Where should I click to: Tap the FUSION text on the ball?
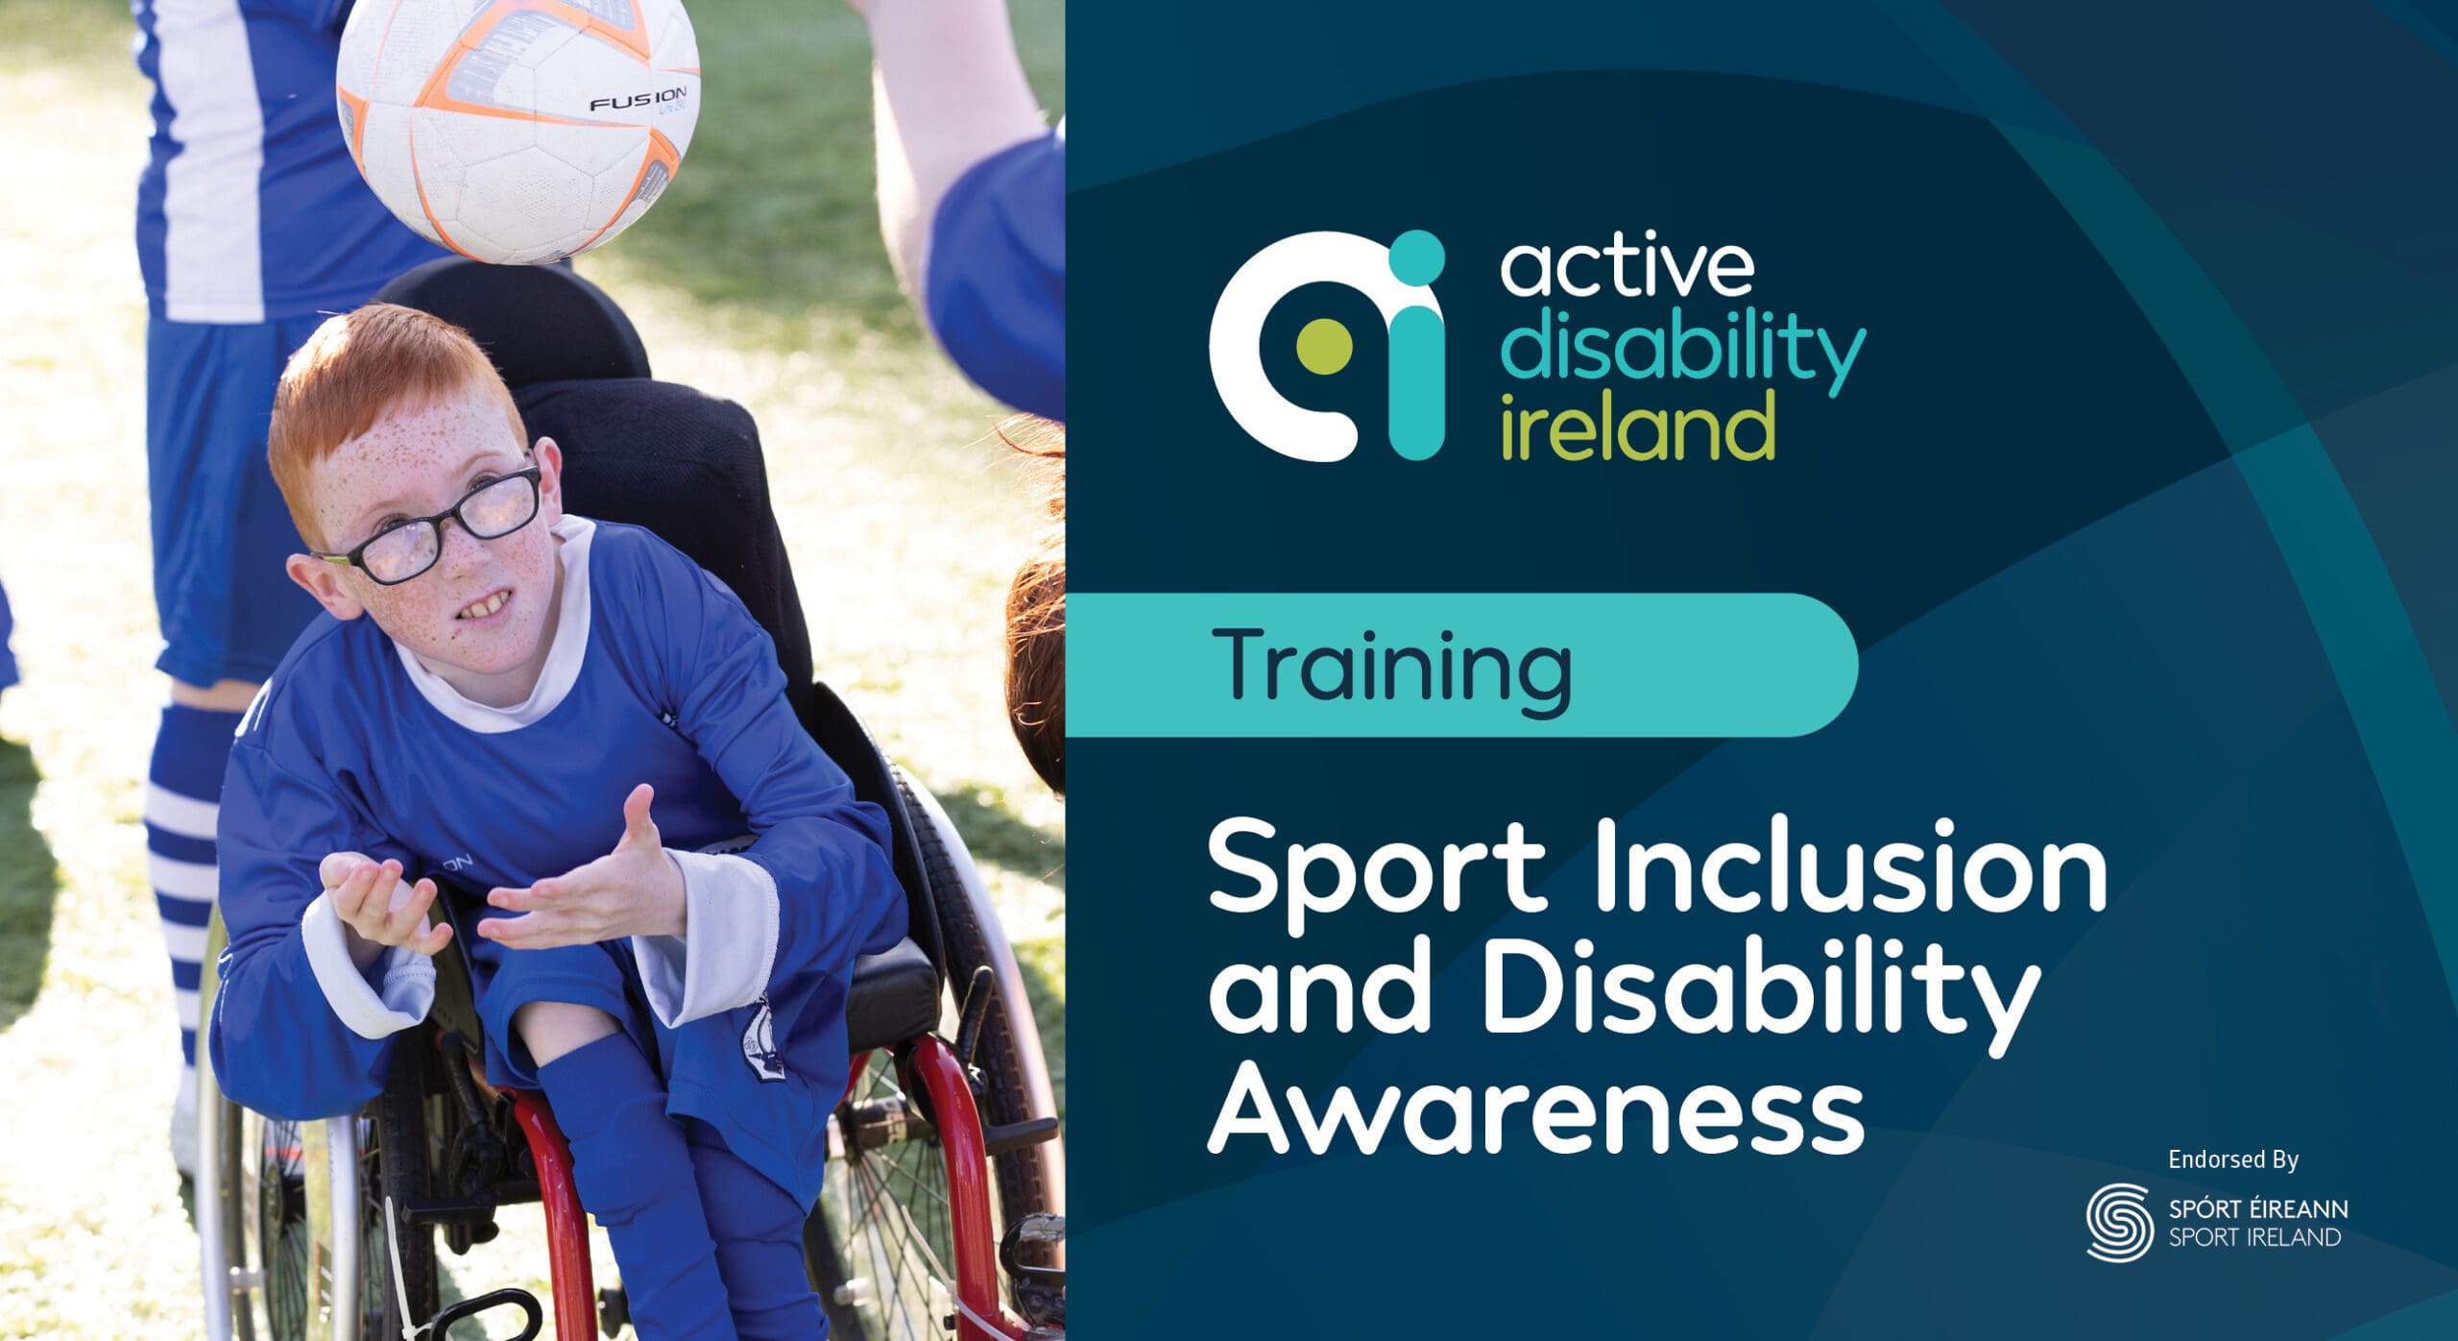tap(638, 100)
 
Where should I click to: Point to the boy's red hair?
tap(384, 394)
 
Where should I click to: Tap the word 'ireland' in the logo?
tap(1637, 427)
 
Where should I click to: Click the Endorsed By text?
tap(2233, 1160)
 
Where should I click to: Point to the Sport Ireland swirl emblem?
tap(2119, 1221)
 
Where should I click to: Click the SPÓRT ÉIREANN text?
tap(2257, 1208)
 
